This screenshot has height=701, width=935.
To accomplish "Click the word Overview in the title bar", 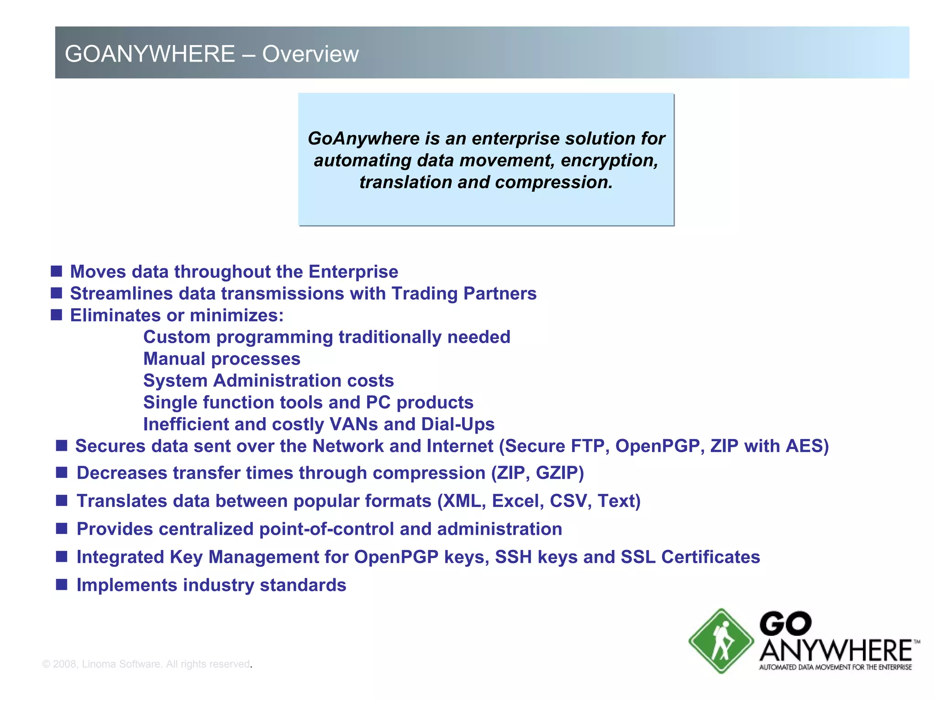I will (310, 54).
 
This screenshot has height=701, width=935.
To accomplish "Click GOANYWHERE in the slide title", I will (150, 54).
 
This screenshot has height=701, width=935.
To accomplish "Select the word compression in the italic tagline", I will (553, 183).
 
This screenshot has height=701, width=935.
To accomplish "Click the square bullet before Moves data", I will (56, 271).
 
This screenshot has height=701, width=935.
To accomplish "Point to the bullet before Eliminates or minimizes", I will (56, 315).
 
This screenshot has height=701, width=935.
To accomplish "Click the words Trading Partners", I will (464, 293).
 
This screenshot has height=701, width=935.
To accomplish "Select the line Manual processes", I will (222, 359).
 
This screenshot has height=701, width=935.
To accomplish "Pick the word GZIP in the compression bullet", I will (560, 473).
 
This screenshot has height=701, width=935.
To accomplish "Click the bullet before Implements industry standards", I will (62, 585).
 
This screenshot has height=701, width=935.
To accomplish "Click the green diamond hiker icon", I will (720, 641).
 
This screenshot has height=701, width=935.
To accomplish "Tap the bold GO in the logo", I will (785, 624).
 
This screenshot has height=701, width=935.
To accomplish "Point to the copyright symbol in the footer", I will (46, 664).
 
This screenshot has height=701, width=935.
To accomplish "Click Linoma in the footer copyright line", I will (99, 664).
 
